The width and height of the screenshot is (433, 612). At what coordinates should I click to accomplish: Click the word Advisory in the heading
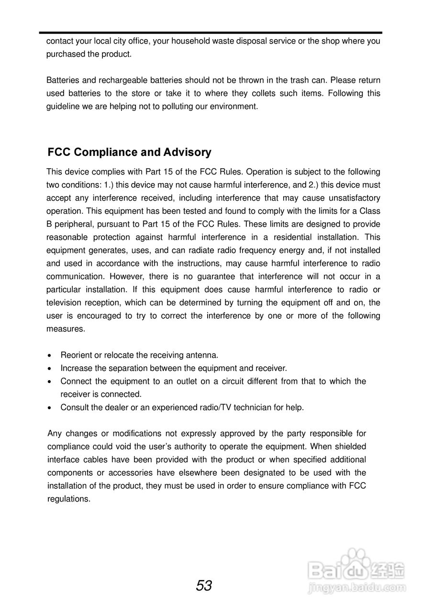187,153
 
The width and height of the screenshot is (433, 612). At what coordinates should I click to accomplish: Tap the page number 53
204,586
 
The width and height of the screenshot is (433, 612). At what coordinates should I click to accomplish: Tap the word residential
293,237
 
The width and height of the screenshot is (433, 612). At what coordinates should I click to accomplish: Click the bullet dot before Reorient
51,356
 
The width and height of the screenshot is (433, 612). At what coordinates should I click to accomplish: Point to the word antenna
203,355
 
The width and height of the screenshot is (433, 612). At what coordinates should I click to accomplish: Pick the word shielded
350,447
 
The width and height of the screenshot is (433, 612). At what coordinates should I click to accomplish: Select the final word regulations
69,499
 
